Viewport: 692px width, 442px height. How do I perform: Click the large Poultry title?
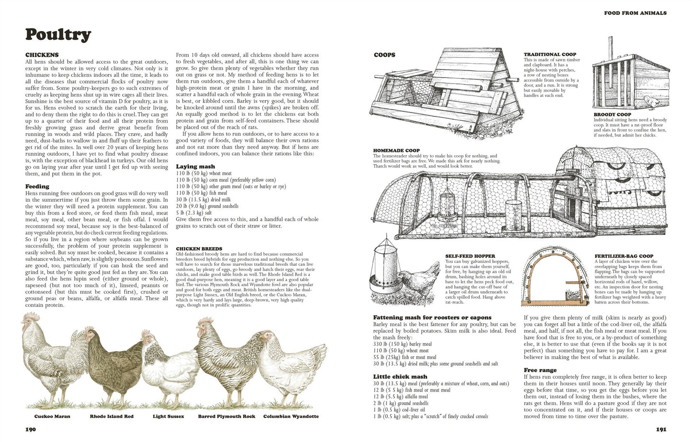(58, 34)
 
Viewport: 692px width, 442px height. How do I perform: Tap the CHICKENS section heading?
(42, 55)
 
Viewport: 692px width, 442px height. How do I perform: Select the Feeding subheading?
(37, 187)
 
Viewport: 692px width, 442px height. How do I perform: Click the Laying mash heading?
(195, 167)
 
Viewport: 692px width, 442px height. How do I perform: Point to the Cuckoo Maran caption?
(52, 416)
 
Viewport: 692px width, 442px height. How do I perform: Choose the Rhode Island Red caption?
(112, 416)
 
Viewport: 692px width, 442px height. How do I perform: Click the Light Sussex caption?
(169, 416)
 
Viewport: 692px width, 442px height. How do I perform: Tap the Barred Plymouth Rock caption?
(227, 416)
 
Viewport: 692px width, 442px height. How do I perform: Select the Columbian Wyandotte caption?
(291, 416)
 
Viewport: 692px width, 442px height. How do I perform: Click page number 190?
(31, 430)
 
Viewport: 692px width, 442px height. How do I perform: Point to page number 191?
(661, 430)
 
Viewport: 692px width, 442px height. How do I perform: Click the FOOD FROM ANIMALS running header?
(635, 13)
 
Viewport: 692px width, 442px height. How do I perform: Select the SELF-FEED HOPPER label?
(470, 256)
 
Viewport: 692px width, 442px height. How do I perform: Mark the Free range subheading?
(540, 370)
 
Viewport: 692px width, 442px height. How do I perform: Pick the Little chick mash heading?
(400, 376)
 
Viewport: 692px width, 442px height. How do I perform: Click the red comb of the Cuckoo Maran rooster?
(32, 316)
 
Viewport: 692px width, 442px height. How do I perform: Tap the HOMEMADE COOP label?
(397, 150)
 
